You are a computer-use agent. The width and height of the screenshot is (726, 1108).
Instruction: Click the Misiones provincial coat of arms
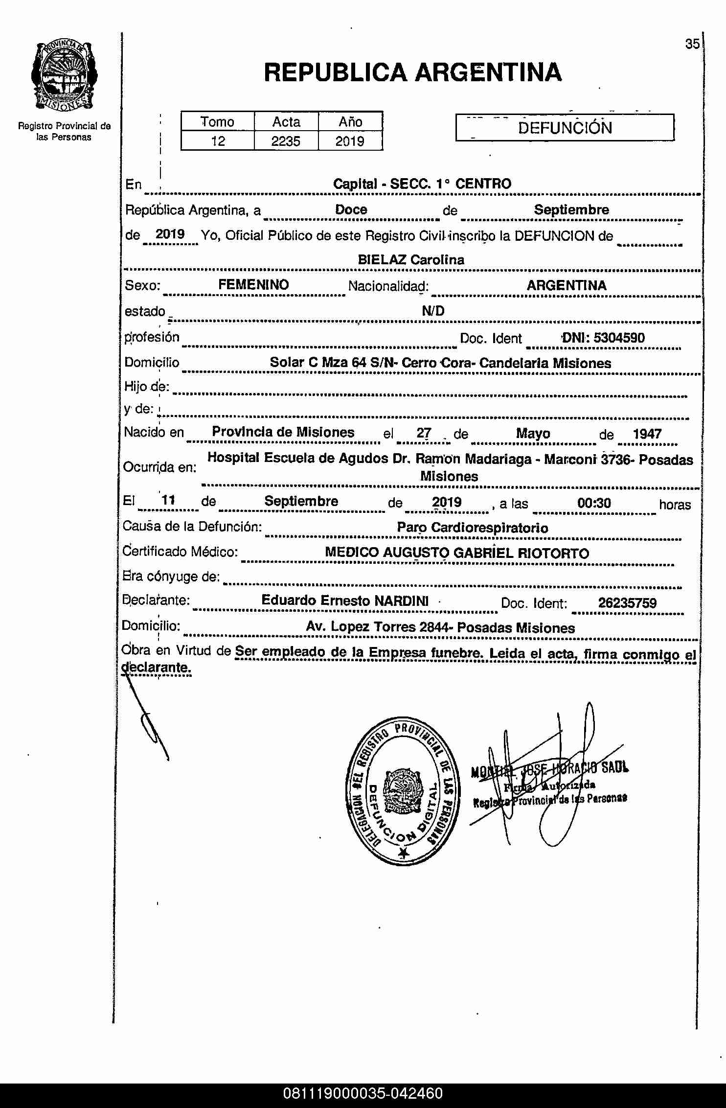click(x=64, y=76)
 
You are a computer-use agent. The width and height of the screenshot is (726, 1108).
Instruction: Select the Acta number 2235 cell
click(x=286, y=141)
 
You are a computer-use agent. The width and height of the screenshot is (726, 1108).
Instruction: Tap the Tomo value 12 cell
click(x=218, y=141)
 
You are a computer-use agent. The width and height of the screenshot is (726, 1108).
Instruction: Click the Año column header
click(x=350, y=122)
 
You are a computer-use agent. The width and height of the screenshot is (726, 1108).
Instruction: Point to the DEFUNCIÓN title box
click(x=565, y=128)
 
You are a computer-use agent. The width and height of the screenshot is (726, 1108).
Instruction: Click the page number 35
click(x=692, y=44)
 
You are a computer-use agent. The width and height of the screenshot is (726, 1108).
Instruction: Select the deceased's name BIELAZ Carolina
click(x=411, y=260)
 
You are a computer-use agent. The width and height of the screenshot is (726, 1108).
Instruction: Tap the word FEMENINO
click(x=253, y=285)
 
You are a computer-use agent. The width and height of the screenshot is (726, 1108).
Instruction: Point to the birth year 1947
click(x=647, y=434)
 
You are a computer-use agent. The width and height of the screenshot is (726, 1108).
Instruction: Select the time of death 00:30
click(x=594, y=503)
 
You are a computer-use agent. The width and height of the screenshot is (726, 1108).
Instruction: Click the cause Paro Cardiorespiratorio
click(x=472, y=528)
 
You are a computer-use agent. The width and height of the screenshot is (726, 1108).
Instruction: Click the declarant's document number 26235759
click(x=627, y=603)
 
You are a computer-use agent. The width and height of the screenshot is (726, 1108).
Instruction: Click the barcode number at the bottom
click(x=363, y=1093)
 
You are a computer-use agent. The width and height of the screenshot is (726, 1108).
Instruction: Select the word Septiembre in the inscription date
click(x=571, y=210)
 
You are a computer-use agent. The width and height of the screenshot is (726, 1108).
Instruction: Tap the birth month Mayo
click(x=533, y=434)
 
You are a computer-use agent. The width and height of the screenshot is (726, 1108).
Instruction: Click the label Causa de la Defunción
click(x=192, y=527)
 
